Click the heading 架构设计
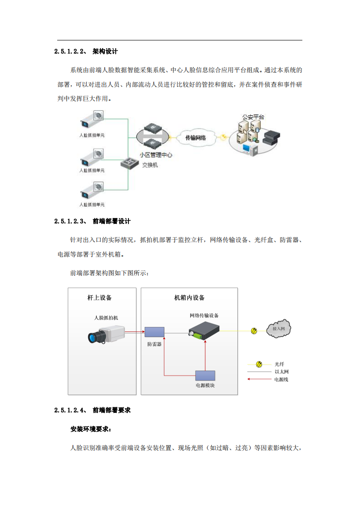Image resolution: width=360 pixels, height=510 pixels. coord(105,52)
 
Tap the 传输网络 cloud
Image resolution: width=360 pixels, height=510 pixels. coord(196,138)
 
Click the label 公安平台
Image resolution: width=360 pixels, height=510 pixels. coord(253,117)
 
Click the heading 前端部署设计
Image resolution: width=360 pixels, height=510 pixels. coord(111,221)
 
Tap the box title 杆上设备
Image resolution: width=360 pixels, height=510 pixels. coord(99,298)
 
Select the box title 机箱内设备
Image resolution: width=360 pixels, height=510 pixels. coord(189,298)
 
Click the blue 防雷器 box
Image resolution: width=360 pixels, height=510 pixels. coord(154,332)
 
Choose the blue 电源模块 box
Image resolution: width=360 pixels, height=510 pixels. coord(205,376)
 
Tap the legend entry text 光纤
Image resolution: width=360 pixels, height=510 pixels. coord(279,364)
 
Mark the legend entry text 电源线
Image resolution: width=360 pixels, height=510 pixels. coord(281,379)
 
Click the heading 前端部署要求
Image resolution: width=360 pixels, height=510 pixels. coord(111,410)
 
